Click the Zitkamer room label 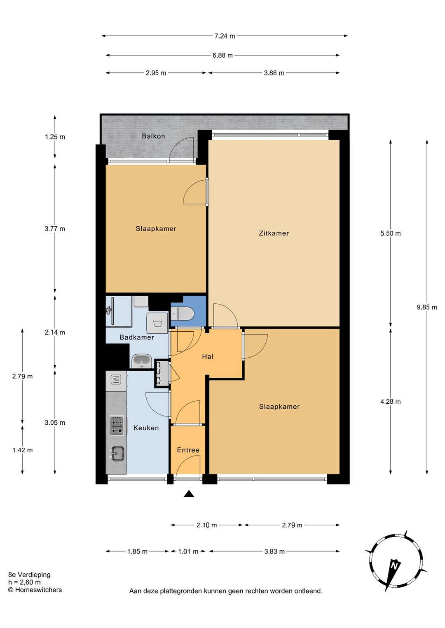[x=274, y=233]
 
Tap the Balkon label [x=153, y=136]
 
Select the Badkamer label [x=137, y=337]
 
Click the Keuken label [x=146, y=428]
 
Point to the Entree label [x=188, y=450]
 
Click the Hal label [x=208, y=357]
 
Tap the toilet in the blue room [x=182, y=314]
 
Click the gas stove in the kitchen [x=117, y=425]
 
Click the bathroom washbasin [x=142, y=362]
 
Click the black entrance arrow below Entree [x=189, y=494]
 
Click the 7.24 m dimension [x=225, y=36]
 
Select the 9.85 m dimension [x=427, y=307]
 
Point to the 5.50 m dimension [x=390, y=233]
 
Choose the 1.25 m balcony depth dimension [x=55, y=137]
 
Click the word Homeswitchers [x=38, y=590]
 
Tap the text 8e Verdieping [x=30, y=575]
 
